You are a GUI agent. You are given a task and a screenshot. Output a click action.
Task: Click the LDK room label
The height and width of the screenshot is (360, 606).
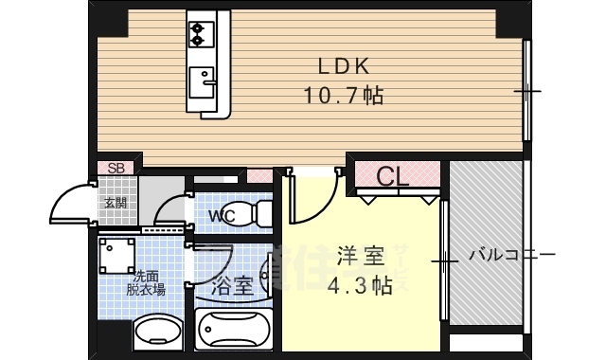(x=342, y=66)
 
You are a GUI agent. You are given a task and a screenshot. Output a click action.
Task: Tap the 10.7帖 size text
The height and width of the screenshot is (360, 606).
(x=342, y=95)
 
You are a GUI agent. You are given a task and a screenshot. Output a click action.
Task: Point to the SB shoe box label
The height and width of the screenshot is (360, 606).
(x=116, y=169)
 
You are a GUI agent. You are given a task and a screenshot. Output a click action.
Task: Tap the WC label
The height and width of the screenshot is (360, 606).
(x=223, y=216)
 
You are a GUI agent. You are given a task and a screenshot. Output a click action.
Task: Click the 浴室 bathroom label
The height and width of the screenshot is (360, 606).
(x=232, y=284)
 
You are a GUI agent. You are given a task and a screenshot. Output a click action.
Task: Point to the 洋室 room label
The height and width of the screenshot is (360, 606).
(x=361, y=256)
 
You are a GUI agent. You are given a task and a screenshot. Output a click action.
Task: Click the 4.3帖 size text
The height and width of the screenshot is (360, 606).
(x=361, y=286)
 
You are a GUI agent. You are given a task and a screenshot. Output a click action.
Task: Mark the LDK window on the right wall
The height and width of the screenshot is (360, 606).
(x=526, y=91)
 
